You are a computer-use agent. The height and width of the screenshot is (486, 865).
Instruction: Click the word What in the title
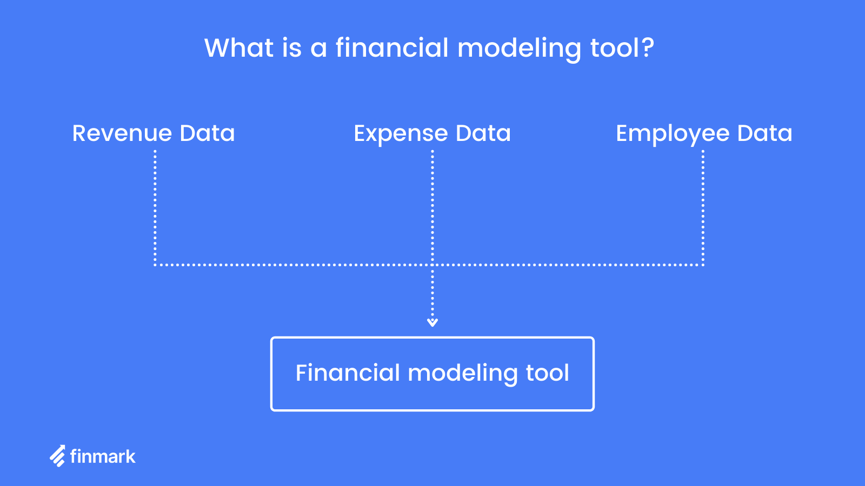pos(239,48)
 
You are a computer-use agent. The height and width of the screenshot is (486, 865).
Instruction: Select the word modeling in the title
pos(519,49)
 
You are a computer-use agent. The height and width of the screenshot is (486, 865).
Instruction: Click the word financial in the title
pos(392,48)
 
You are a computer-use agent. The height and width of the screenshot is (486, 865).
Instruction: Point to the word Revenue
pos(122,133)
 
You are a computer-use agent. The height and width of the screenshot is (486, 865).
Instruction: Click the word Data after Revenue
pos(208,133)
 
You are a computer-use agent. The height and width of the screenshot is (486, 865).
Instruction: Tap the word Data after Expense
pos(483,133)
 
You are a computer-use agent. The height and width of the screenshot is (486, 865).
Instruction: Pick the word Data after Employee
pos(765,133)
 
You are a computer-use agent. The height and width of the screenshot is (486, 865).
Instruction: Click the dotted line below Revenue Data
pos(155,208)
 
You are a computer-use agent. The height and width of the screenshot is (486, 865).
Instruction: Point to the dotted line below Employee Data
pos(703,208)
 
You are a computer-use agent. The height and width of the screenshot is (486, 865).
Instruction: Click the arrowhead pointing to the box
pos(432,322)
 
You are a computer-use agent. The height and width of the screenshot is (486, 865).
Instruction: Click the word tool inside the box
pos(548,373)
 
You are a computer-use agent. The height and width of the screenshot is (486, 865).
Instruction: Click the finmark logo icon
pos(58,456)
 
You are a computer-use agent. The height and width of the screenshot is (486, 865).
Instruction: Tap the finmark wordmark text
pos(103,456)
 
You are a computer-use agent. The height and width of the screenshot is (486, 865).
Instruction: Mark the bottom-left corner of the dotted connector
pos(155,265)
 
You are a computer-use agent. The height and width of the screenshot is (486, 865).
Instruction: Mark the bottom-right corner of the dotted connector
pos(703,265)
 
